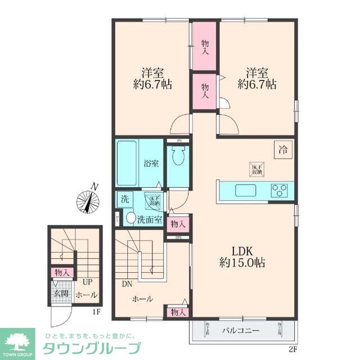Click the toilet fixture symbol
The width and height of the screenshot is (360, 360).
point(178,157)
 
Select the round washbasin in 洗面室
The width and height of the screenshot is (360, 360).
point(130,218)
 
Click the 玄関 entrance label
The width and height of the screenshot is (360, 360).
point(61,294)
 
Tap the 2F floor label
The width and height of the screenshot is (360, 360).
point(292,349)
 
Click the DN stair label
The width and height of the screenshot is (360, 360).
point(127,284)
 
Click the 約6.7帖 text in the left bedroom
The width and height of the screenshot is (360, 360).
point(152,84)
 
